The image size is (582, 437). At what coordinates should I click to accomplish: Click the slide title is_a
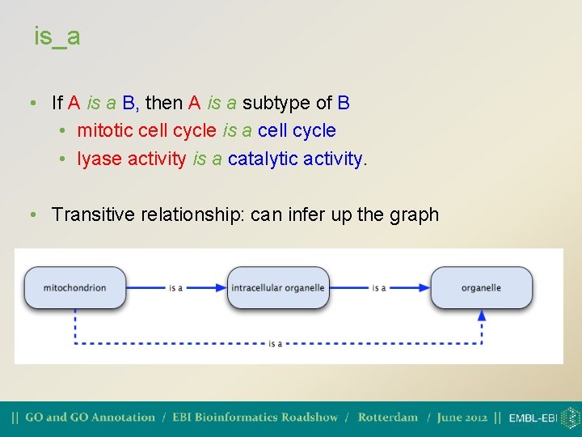tap(57, 36)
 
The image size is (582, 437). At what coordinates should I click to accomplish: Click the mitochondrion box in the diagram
tap(75, 288)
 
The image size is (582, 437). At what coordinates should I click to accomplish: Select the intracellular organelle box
tap(277, 288)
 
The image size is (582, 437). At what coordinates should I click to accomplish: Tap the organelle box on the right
tap(481, 288)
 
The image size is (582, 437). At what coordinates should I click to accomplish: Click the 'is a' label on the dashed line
tap(276, 344)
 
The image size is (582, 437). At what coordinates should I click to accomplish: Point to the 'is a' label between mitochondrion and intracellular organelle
tap(175, 288)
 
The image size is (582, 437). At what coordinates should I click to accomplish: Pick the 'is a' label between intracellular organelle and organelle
tap(378, 288)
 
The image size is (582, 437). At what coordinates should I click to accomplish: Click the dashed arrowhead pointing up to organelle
tap(482, 316)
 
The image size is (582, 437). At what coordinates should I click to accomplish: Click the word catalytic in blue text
tap(260, 159)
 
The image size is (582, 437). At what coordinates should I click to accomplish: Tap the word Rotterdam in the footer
tap(387, 418)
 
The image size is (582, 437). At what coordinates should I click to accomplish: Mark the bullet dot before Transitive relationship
tap(30, 215)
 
